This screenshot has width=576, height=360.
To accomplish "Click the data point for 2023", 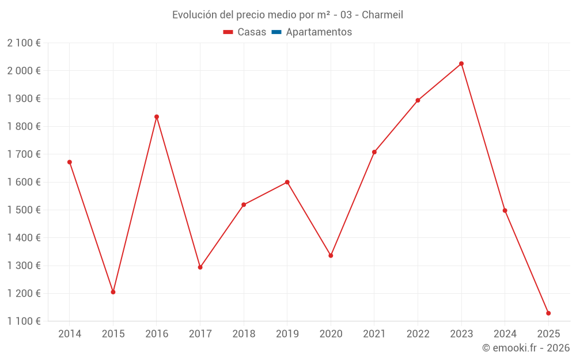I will pos(461,63).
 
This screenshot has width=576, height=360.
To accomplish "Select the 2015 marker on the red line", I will pos(113,292).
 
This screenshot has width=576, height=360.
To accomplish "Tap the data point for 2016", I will pos(157,117).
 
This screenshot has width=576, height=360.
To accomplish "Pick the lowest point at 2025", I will pos(548,313).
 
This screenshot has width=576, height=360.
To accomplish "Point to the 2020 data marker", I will pos(331,255).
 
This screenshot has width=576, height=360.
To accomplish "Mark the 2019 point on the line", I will pos(287,182).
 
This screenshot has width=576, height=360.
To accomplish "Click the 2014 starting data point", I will pos(70,162).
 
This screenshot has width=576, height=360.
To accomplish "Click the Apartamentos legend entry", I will pos(319,32).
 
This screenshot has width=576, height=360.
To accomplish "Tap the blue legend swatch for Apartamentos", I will pos(276,32).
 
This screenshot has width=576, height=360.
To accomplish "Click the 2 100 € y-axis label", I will pos(24,43).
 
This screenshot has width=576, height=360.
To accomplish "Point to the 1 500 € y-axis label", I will pos(24,210).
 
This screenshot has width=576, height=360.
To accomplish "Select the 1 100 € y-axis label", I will pos(24,321).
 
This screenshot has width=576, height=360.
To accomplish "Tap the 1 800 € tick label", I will pos(24,126).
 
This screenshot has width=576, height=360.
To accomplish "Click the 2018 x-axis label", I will pos(244,334).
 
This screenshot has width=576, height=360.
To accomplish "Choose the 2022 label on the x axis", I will pos(418,334).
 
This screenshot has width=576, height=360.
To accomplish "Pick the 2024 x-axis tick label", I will pos(505,334).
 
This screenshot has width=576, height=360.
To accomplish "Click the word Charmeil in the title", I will pos(382,15).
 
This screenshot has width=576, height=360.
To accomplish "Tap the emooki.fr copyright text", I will pos(526,348).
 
